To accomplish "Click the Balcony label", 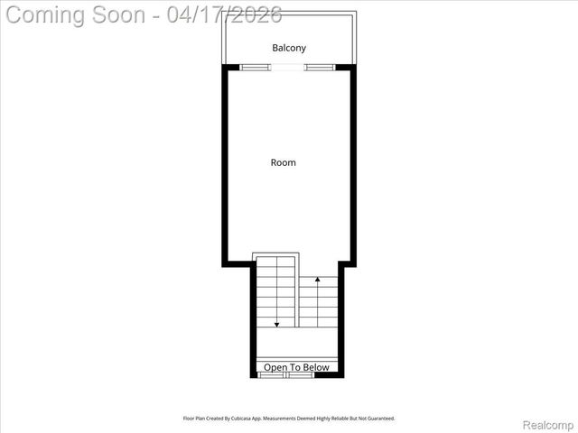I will pos(289,48).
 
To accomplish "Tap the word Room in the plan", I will pos(284,163).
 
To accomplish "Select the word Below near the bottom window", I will pos(315,367).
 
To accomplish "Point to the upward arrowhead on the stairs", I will pos(318,281).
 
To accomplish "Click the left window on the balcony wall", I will pos(256,67).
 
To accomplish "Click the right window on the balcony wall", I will pos(320,67).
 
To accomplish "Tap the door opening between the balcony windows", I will pos(288,67).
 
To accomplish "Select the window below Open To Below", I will pos(286,375).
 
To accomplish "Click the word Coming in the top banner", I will pos(46,14).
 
